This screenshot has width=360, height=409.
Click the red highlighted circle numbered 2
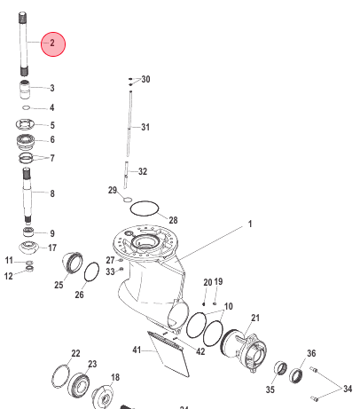pyautogui.click(x=52, y=43)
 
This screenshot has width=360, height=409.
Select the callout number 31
pyautogui.click(x=145, y=126)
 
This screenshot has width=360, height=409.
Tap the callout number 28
pyautogui.click(x=174, y=219)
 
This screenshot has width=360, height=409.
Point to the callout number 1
pyautogui.click(x=250, y=224)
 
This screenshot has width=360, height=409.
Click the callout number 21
pyautogui.click(x=255, y=317)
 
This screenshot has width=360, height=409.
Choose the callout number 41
pyautogui.click(x=137, y=351)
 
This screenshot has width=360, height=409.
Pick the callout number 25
pyautogui.click(x=59, y=285)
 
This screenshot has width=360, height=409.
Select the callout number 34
pyautogui.click(x=347, y=389)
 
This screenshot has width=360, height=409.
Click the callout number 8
pyautogui.click(x=51, y=193)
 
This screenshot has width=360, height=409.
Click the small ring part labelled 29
pyautogui.click(x=128, y=201)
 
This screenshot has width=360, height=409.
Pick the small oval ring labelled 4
pyautogui.click(x=27, y=107)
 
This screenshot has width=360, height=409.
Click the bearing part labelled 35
pyautogui.click(x=278, y=369)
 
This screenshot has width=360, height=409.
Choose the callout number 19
pyautogui.click(x=218, y=281)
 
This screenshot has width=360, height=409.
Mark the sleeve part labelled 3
pyautogui.click(x=27, y=89)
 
